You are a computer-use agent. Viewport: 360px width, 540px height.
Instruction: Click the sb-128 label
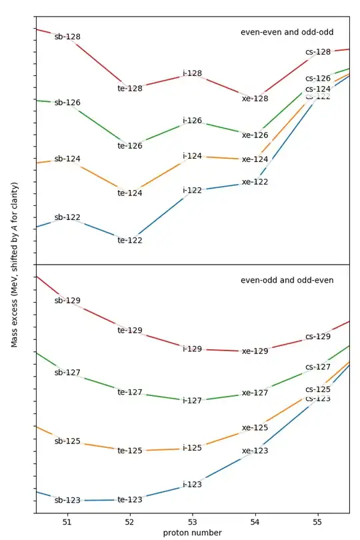tap(67, 37)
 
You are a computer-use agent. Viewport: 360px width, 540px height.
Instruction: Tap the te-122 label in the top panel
tap(130, 240)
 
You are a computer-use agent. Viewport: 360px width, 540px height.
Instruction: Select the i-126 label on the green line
tap(192, 121)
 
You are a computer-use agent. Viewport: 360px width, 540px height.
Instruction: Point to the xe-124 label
tap(255, 159)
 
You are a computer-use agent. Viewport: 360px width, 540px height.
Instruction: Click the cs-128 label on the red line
tap(318, 52)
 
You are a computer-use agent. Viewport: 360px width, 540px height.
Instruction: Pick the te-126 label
tap(130, 145)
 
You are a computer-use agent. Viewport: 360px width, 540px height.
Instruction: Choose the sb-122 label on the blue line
tap(67, 217)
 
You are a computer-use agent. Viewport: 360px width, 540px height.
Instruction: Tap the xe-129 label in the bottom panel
tap(255, 351)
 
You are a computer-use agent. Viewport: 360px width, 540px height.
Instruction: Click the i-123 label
tap(192, 485)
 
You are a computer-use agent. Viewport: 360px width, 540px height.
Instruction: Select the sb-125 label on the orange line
tap(67, 441)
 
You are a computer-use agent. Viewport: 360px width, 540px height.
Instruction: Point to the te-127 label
tap(130, 392)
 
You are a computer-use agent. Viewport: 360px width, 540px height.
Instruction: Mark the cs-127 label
tap(318, 367)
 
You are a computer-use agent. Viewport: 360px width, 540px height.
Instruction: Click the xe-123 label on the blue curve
tap(255, 451)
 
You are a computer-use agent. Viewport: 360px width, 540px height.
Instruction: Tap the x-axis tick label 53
tap(192, 522)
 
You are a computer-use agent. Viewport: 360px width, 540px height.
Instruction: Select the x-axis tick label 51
tap(67, 522)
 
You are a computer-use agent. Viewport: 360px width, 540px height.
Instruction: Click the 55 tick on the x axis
tap(317, 522)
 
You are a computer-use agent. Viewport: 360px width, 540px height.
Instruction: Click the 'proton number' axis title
tap(192, 533)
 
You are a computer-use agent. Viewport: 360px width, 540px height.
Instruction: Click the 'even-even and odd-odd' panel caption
tap(287, 32)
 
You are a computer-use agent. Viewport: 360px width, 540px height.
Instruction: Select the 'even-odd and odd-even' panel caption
tap(287, 280)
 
